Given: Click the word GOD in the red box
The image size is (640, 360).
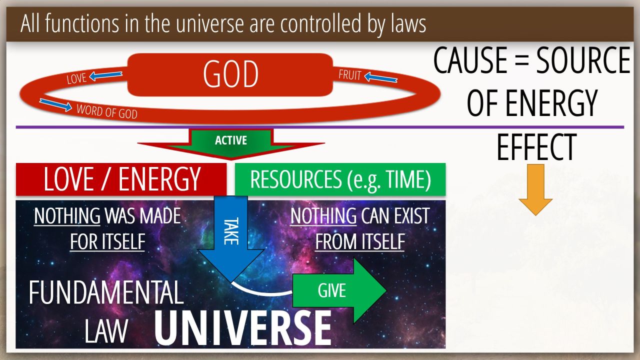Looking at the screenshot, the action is (x=230, y=74).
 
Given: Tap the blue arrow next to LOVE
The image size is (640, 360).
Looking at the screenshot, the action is (x=105, y=75).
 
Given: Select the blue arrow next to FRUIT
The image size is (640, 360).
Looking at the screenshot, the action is (x=381, y=77).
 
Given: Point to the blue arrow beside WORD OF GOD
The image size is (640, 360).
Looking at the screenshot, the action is (x=55, y=105).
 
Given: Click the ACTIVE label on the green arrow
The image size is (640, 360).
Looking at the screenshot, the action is (x=231, y=140).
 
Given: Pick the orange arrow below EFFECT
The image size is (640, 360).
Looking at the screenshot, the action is (x=535, y=189).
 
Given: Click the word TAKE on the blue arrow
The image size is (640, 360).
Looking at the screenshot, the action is (x=231, y=231).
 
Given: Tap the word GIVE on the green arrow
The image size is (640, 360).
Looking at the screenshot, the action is (x=331, y=290).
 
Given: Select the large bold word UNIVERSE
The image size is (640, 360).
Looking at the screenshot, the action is (x=243, y=328).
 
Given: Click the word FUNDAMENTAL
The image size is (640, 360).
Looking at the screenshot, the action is (x=106, y=292).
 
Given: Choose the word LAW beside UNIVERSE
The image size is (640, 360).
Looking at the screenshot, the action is (x=106, y=331).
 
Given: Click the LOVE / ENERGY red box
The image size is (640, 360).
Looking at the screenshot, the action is (x=121, y=179).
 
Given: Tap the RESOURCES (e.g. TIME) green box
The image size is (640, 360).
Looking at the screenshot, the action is (x=340, y=179).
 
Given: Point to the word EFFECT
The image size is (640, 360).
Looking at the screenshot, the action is (x=536, y=147).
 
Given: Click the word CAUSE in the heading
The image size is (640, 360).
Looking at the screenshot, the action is (x=470, y=60).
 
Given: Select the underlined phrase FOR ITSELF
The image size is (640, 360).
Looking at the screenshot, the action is (x=107, y=241).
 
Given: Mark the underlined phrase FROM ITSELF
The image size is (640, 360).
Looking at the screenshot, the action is (x=359, y=241).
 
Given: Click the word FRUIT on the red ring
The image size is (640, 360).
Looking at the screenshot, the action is (x=350, y=75).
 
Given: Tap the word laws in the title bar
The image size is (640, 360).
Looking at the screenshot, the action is (x=408, y=23).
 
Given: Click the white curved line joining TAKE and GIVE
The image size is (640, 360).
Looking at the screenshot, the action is (x=258, y=292).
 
